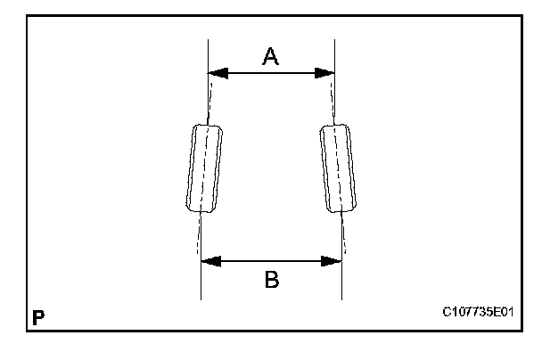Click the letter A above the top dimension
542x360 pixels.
pos(271,57)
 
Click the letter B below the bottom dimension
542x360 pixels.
pos(272,280)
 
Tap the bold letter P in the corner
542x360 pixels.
pos(38,315)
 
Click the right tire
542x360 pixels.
pos(339,168)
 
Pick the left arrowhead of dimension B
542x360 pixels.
pos(209,261)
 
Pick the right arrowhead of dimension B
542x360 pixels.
pos(334,261)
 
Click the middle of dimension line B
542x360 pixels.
pos(272,261)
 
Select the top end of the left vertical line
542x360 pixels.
pos(208,39)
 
